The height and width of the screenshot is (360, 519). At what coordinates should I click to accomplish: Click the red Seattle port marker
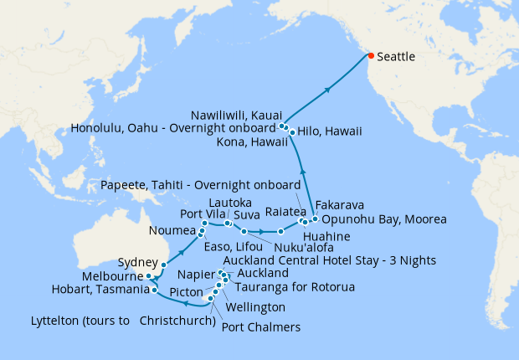click(370, 56)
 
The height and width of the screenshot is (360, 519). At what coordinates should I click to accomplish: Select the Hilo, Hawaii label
click(326, 132)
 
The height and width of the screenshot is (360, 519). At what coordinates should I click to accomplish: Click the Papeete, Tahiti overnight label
click(199, 184)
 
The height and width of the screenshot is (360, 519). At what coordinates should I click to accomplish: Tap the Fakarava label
click(339, 204)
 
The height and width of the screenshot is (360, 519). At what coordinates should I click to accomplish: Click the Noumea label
click(172, 230)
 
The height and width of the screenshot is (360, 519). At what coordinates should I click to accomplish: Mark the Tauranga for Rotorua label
click(280, 287)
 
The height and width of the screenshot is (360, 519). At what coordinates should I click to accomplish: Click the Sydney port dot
click(163, 264)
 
